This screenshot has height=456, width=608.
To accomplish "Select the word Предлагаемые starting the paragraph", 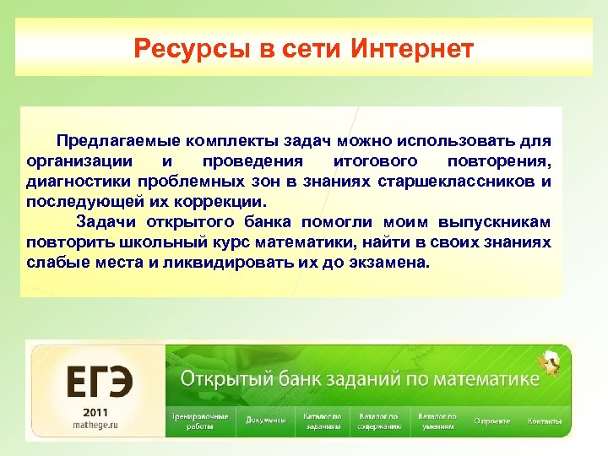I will [118, 138].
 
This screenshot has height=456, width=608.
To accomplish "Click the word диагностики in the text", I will [73, 181].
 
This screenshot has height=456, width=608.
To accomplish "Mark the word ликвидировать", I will [229, 263].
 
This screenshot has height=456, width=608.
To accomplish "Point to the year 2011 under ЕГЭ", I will [96, 411].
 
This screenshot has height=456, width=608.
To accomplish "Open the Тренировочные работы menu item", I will [199, 421].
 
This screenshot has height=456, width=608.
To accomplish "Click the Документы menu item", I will [265, 421].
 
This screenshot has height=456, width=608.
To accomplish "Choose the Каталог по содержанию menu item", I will [379, 421].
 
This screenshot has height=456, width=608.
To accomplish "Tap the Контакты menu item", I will [545, 421].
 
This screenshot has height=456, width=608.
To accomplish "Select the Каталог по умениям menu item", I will [437, 421].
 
